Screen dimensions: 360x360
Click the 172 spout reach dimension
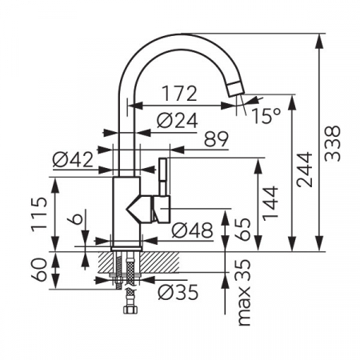(x=179, y=94)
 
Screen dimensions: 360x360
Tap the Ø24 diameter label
(x=178, y=121)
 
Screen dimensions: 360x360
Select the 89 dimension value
(x=216, y=139)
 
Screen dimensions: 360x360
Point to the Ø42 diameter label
(x=73, y=160)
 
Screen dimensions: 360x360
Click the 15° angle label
(x=266, y=116)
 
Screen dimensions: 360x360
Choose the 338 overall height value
(x=332, y=143)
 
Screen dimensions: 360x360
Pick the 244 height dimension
(x=304, y=170)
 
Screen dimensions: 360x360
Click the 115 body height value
(x=39, y=214)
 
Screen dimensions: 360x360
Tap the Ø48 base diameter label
(x=192, y=230)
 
